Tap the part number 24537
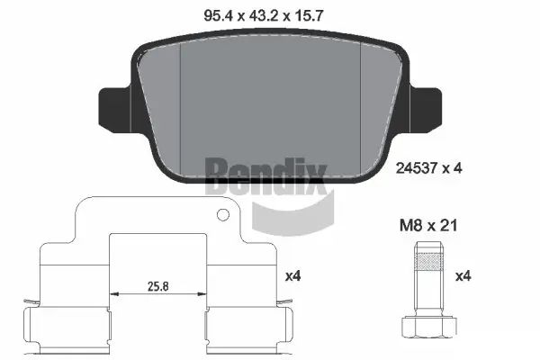[x=413, y=166]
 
